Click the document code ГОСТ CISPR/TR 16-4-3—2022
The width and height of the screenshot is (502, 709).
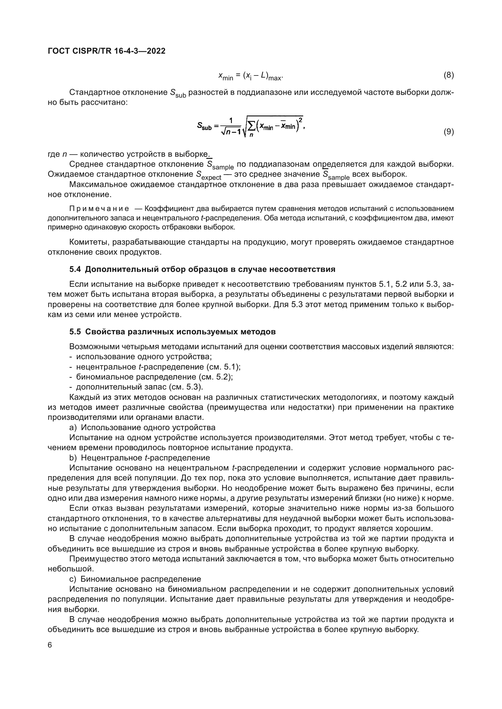pyautogui.click(x=107, y=51)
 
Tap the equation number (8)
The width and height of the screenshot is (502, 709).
pyautogui.click(x=449, y=75)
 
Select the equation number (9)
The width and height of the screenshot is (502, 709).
pyautogui.click(x=449, y=132)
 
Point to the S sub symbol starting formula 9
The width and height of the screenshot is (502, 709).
pyautogui.click(x=204, y=126)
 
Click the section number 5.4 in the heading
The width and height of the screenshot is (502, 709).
pyautogui.click(x=75, y=269)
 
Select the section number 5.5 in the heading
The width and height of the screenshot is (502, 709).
pyautogui.click(x=75, y=332)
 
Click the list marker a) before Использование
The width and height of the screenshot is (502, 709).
pyautogui.click(x=73, y=427)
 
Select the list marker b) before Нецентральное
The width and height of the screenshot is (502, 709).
pyautogui.click(x=73, y=458)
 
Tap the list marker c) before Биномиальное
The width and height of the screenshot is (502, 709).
pyautogui.click(x=73, y=579)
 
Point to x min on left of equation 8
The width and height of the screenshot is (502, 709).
pyautogui.click(x=226, y=76)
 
